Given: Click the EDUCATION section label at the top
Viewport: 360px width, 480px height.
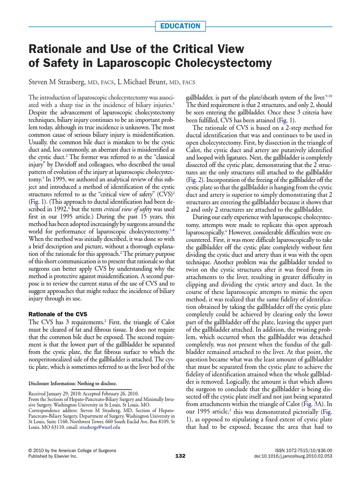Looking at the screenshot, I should pos(180,26).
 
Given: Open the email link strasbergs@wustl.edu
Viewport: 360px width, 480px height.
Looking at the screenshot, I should pos(101,427).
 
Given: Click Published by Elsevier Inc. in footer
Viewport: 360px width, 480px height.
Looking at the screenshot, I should pos(52,456).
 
